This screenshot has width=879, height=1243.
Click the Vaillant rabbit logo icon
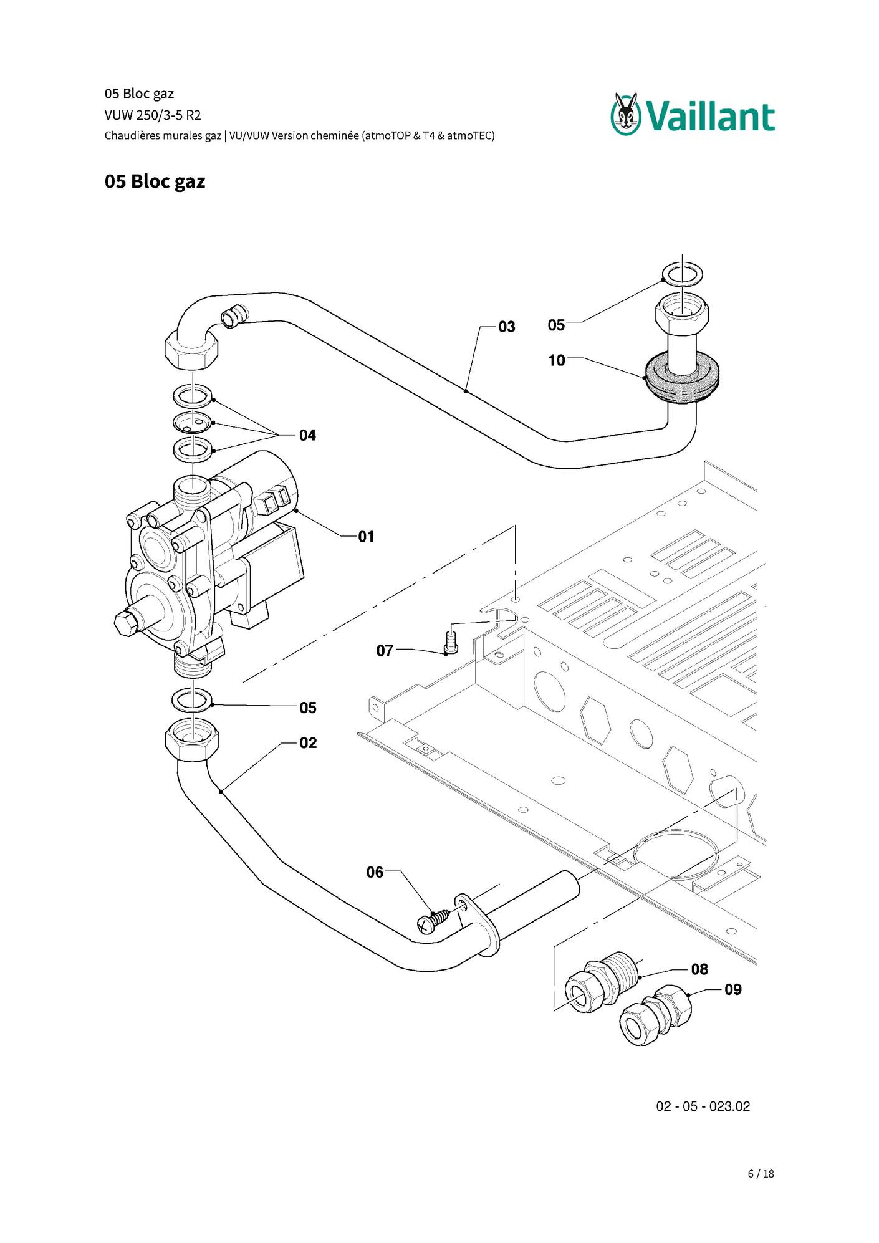(625, 113)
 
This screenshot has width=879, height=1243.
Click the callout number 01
(366, 537)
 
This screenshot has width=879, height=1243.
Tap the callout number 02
(308, 743)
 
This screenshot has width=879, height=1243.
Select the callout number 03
(507, 327)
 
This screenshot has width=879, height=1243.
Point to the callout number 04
(307, 435)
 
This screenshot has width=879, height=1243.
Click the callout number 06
(375, 872)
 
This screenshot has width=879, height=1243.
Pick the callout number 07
(385, 651)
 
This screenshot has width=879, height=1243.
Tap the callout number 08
(699, 969)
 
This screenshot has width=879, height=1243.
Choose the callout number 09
(733, 989)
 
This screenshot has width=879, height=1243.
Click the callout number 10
(557, 360)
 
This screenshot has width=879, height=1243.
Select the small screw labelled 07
(450, 643)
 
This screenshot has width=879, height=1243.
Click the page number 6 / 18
(761, 1174)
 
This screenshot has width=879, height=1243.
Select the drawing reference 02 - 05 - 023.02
(703, 1106)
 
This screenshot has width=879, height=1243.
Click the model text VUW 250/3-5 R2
(153, 115)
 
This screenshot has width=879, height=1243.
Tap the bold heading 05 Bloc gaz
(155, 181)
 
